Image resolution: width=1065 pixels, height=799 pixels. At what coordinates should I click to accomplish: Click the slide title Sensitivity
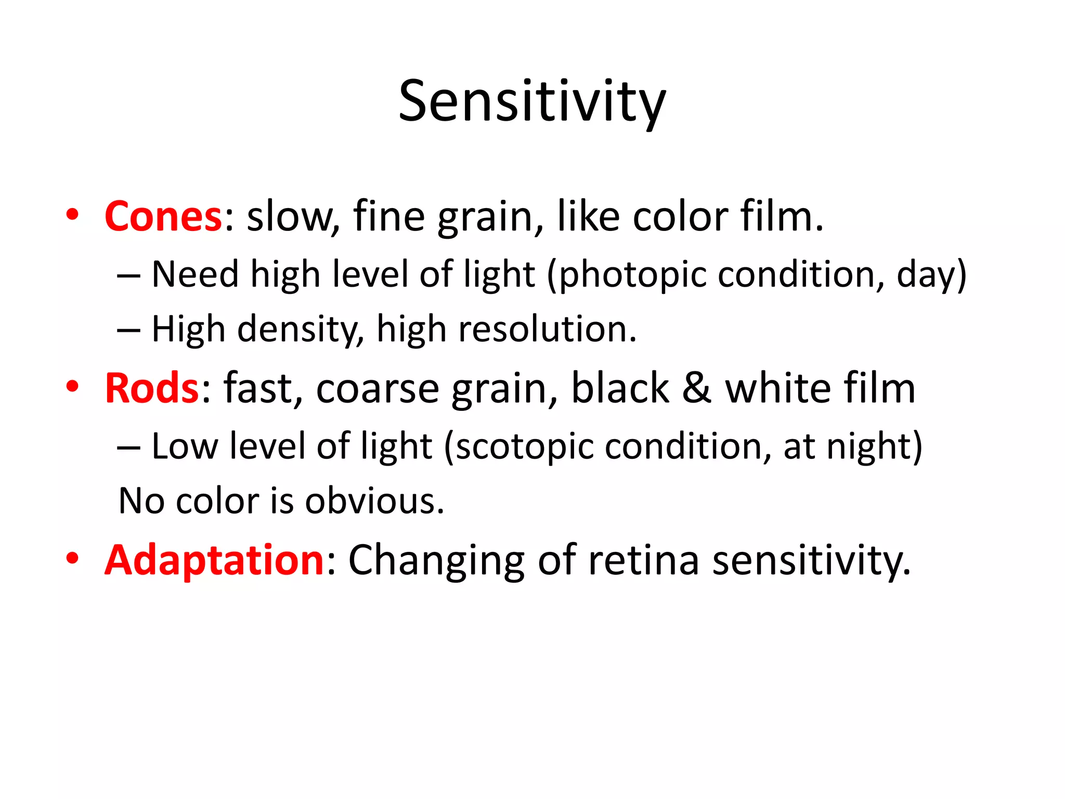(531, 101)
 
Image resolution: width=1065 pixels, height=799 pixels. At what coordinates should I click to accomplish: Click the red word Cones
(163, 216)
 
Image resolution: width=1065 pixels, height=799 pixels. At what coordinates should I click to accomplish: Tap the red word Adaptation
(215, 560)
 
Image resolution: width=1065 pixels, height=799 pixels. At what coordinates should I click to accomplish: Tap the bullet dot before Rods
(72, 386)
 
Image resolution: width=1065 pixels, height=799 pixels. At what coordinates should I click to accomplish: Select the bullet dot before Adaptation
(72, 558)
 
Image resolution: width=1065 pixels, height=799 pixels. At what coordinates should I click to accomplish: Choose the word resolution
(542, 330)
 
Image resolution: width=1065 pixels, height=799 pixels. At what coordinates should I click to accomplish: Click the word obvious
(374, 501)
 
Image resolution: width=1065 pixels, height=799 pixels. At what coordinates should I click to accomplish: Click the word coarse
(378, 389)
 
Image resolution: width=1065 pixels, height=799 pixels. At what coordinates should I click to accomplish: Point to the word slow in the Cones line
(290, 216)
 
